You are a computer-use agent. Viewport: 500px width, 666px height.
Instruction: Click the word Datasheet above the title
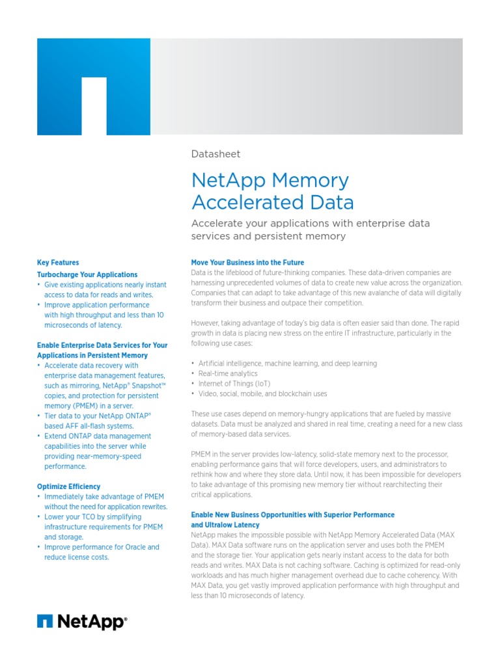click(215, 154)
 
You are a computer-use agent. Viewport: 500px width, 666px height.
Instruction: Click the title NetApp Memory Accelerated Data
click(272, 191)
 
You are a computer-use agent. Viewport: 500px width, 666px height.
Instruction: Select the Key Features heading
click(58, 263)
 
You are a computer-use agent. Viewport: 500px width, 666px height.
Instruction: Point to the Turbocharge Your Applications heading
click(87, 274)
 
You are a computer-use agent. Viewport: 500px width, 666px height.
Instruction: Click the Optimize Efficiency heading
click(68, 486)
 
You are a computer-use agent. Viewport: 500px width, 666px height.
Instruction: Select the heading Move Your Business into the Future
click(247, 263)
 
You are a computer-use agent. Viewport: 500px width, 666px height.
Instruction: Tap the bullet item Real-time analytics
click(227, 373)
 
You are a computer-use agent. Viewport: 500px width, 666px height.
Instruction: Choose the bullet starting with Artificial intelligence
click(287, 364)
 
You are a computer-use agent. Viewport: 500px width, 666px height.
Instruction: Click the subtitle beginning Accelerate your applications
click(310, 230)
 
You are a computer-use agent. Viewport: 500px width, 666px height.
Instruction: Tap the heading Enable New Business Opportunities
click(292, 520)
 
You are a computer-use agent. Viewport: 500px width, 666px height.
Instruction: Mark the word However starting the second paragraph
click(207, 323)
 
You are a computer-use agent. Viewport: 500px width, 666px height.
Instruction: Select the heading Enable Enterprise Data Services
click(102, 351)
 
